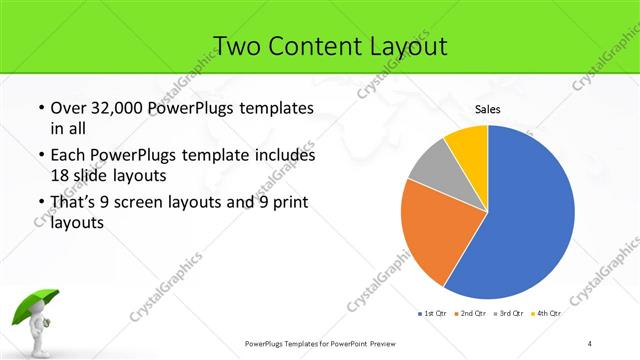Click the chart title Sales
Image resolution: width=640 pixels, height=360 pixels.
point(487,110)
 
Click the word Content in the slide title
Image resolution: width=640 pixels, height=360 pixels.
point(316,46)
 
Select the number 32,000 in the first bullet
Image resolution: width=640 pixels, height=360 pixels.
point(114,108)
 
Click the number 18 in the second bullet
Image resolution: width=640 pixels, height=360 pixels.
point(59,175)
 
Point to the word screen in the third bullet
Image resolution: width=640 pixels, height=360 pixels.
point(149,203)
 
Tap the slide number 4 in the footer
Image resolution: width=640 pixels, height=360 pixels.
point(590,344)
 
